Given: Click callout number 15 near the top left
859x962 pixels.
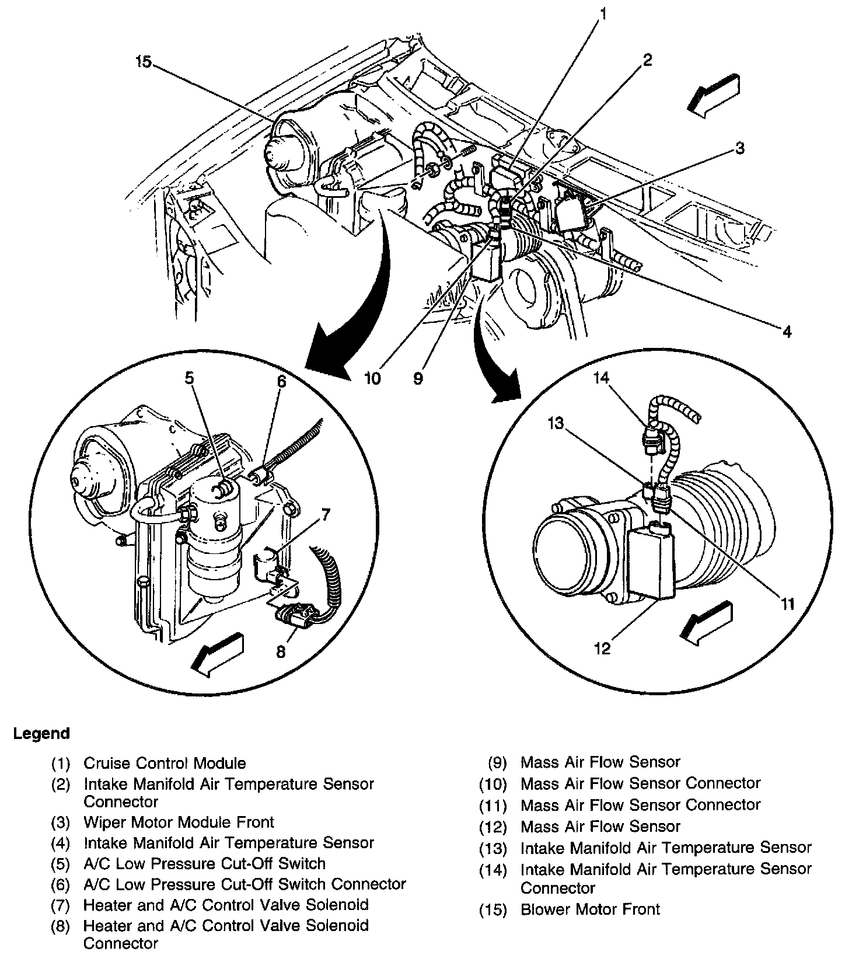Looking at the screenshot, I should pyautogui.click(x=144, y=62).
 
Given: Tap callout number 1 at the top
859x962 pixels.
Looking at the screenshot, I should pyautogui.click(x=603, y=13).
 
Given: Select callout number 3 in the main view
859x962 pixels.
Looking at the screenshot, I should pyautogui.click(x=739, y=148).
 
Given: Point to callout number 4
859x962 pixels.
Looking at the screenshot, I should pyautogui.click(x=787, y=332).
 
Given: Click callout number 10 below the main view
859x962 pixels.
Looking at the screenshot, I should pyautogui.click(x=372, y=378).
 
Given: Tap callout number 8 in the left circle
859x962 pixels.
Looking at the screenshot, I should pyautogui.click(x=281, y=651).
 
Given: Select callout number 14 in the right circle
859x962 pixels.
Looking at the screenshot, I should pyautogui.click(x=601, y=378).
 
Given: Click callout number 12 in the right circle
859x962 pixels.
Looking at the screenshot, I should pyautogui.click(x=602, y=648).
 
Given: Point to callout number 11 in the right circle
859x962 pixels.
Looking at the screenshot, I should pyautogui.click(x=788, y=604).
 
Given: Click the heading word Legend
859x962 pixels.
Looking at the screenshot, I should pyautogui.click(x=41, y=733).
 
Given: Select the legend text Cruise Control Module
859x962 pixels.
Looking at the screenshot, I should pyautogui.click(x=165, y=763).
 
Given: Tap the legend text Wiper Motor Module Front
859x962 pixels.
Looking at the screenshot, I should pyautogui.click(x=179, y=822).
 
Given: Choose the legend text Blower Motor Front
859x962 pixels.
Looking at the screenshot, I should pyautogui.click(x=590, y=909).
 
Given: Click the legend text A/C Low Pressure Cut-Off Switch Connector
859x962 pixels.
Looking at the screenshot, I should pyautogui.click(x=245, y=884).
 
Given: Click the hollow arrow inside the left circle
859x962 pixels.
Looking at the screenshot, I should pyautogui.click(x=218, y=654).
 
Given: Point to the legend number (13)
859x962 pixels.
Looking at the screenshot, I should pyautogui.click(x=494, y=848).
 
